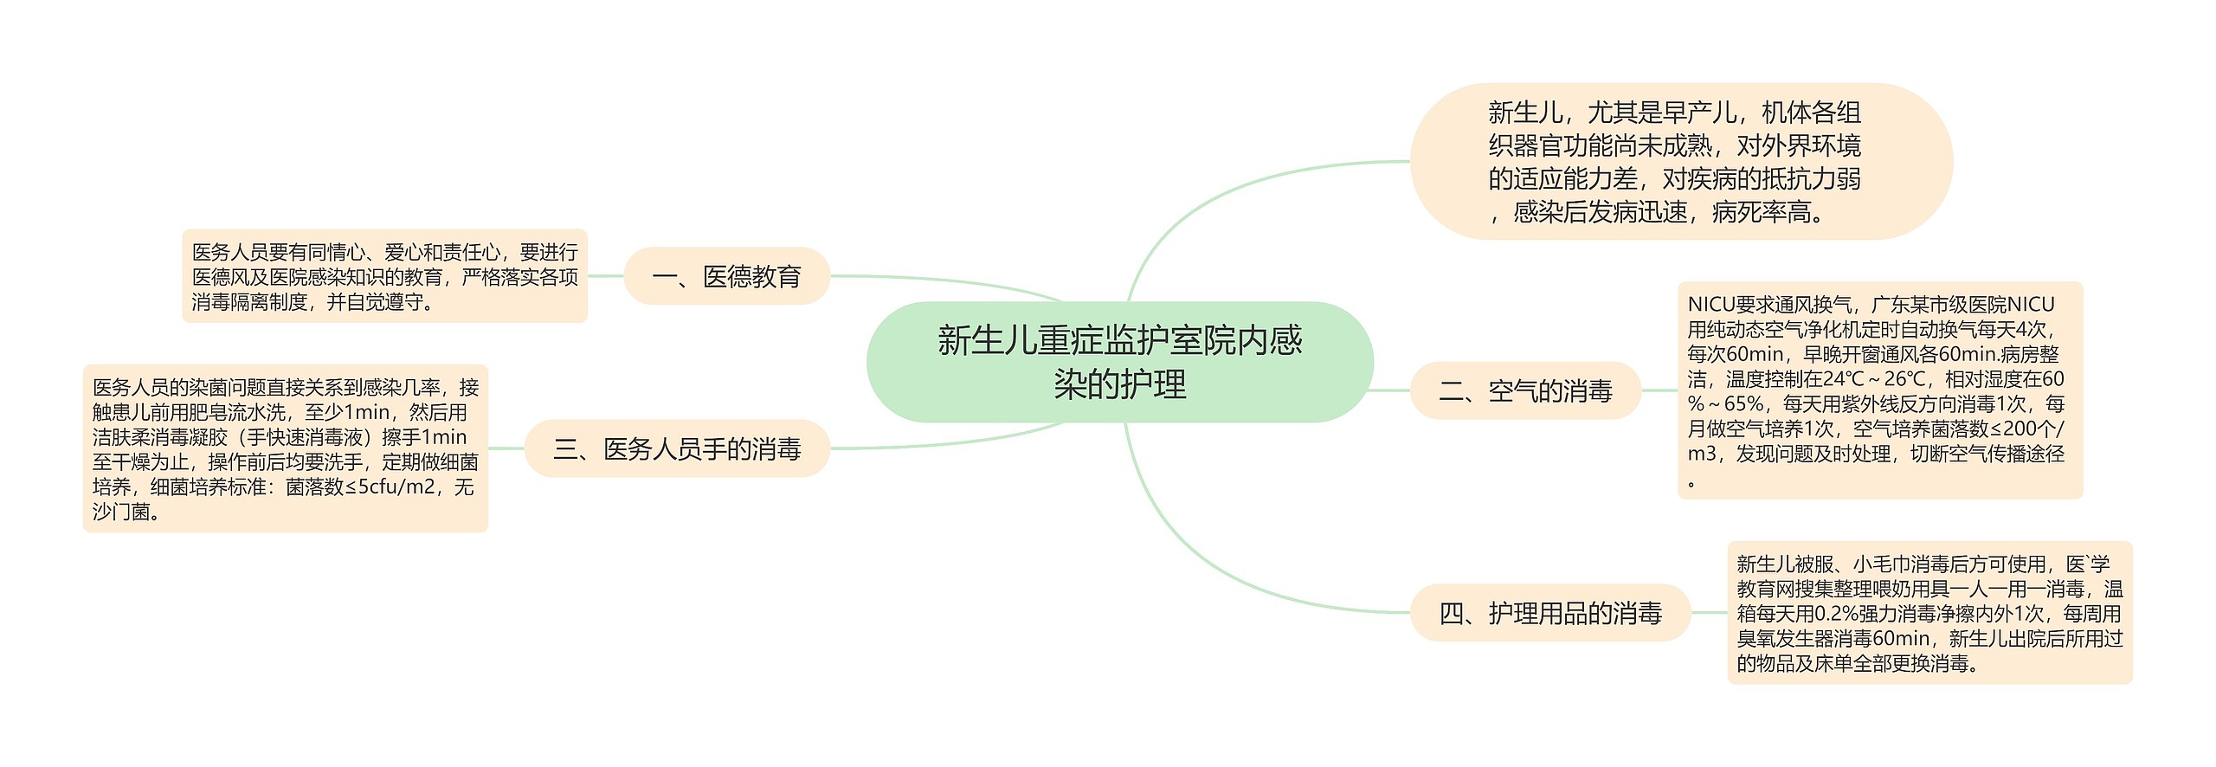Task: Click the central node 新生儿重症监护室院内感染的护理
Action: coord(1119,362)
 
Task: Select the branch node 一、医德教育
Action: coord(726,276)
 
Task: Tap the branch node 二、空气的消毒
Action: coord(1525,391)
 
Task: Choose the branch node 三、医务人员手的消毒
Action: coord(677,448)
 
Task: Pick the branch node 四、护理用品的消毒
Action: coord(1549,614)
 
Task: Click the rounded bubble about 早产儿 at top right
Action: coord(1679,161)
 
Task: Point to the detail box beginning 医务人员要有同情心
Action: coord(384,276)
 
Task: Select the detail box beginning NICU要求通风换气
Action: coord(1879,390)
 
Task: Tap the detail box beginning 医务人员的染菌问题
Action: coord(285,448)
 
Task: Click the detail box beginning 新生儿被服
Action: coord(1929,613)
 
